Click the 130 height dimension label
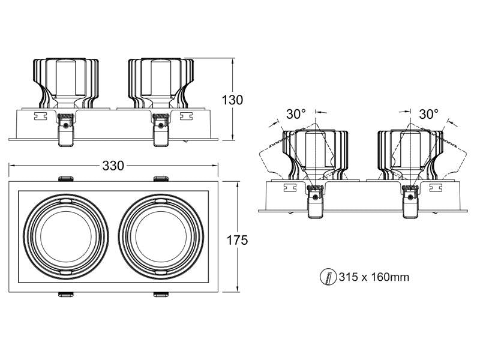232,100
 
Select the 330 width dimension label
113,166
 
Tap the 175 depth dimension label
237,240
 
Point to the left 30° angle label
296,113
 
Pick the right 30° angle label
428,113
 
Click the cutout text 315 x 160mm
374,277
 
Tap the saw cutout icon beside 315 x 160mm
327,277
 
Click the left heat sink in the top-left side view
65,81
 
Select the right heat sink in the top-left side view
161,81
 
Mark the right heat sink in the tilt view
409,153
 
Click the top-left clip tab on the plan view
65,178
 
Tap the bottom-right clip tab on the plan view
160,294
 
